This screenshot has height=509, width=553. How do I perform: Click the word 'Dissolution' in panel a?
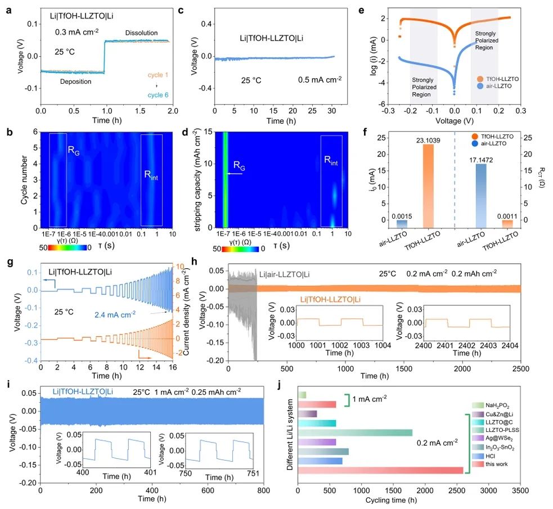click(141, 33)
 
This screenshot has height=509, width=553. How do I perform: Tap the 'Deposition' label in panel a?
click(77, 82)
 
